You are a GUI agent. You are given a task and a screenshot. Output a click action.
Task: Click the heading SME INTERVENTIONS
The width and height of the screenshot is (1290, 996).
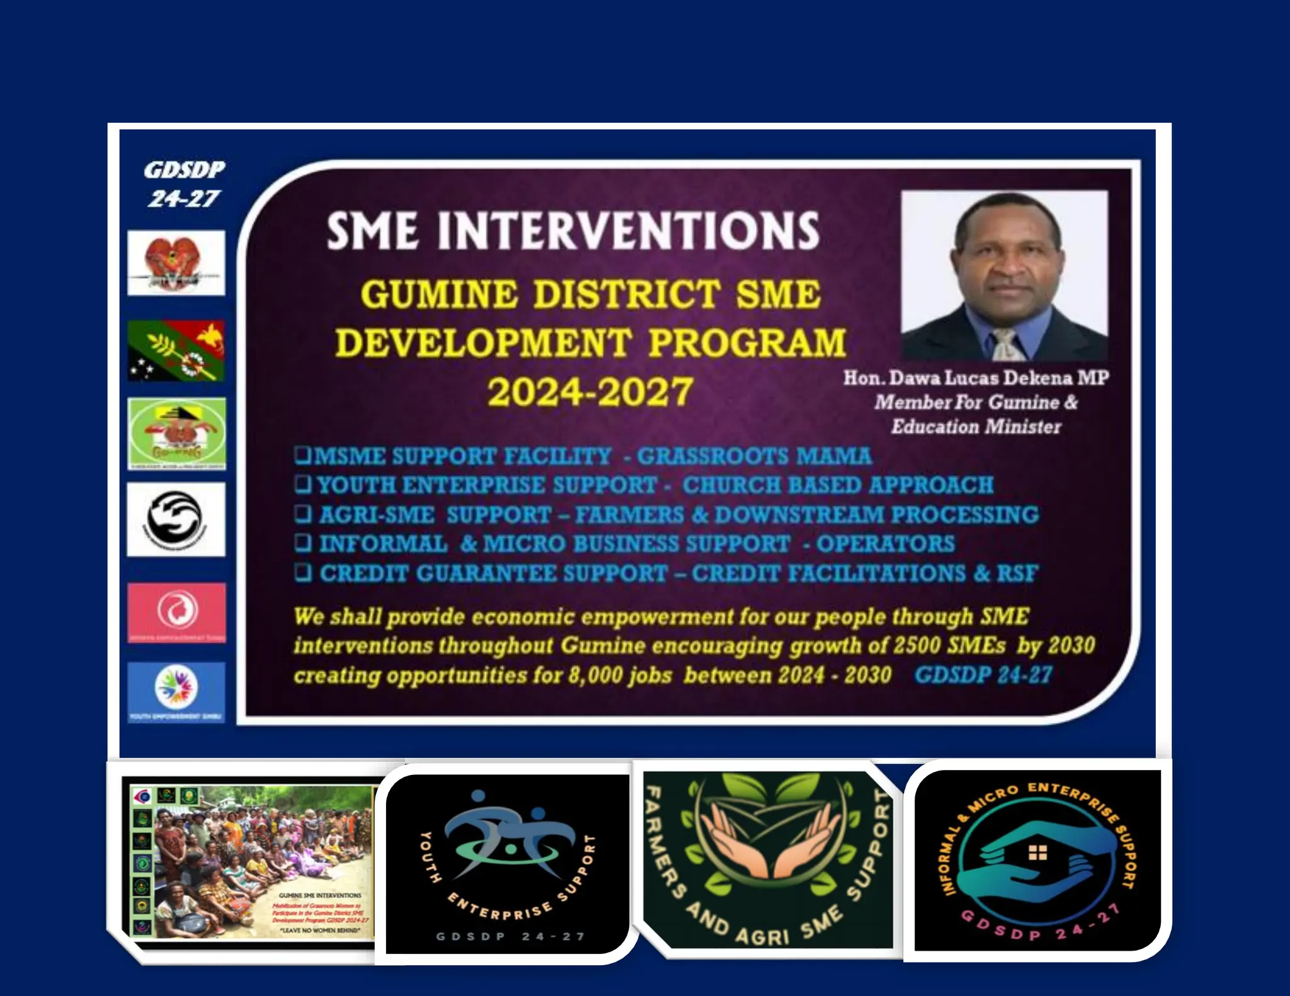click(x=573, y=230)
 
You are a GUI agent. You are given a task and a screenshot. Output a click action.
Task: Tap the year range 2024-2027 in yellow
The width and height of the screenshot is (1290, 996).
click(x=590, y=392)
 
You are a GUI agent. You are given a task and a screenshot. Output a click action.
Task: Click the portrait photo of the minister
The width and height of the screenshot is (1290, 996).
click(x=1004, y=275)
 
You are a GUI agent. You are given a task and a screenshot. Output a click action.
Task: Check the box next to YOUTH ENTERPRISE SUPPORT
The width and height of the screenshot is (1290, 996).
click(x=304, y=484)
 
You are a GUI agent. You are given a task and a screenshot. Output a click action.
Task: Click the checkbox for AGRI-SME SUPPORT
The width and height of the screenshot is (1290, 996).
click(x=304, y=514)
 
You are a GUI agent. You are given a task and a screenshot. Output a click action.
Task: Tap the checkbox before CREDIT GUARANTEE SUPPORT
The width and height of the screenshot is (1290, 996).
click(x=304, y=572)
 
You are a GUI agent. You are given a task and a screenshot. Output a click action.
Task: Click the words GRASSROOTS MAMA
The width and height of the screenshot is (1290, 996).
click(x=754, y=456)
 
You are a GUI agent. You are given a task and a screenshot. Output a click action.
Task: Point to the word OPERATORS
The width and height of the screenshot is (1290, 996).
click(x=886, y=543)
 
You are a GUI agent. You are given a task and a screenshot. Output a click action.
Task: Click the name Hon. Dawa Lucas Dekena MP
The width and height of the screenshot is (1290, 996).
click(x=976, y=378)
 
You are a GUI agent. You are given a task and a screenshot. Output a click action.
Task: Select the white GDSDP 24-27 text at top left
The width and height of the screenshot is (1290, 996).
click(x=183, y=184)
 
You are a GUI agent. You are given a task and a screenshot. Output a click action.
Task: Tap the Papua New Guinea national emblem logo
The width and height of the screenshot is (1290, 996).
click(x=176, y=263)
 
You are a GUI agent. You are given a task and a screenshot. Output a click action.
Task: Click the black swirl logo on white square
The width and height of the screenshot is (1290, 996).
click(x=176, y=519)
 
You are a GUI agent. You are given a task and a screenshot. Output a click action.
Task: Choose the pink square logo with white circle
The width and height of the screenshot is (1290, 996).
click(x=176, y=611)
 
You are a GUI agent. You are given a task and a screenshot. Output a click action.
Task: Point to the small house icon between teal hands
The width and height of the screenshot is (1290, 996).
click(x=1037, y=853)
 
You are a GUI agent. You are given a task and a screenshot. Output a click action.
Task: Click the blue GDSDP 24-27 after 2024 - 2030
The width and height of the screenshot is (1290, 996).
click(x=983, y=675)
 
